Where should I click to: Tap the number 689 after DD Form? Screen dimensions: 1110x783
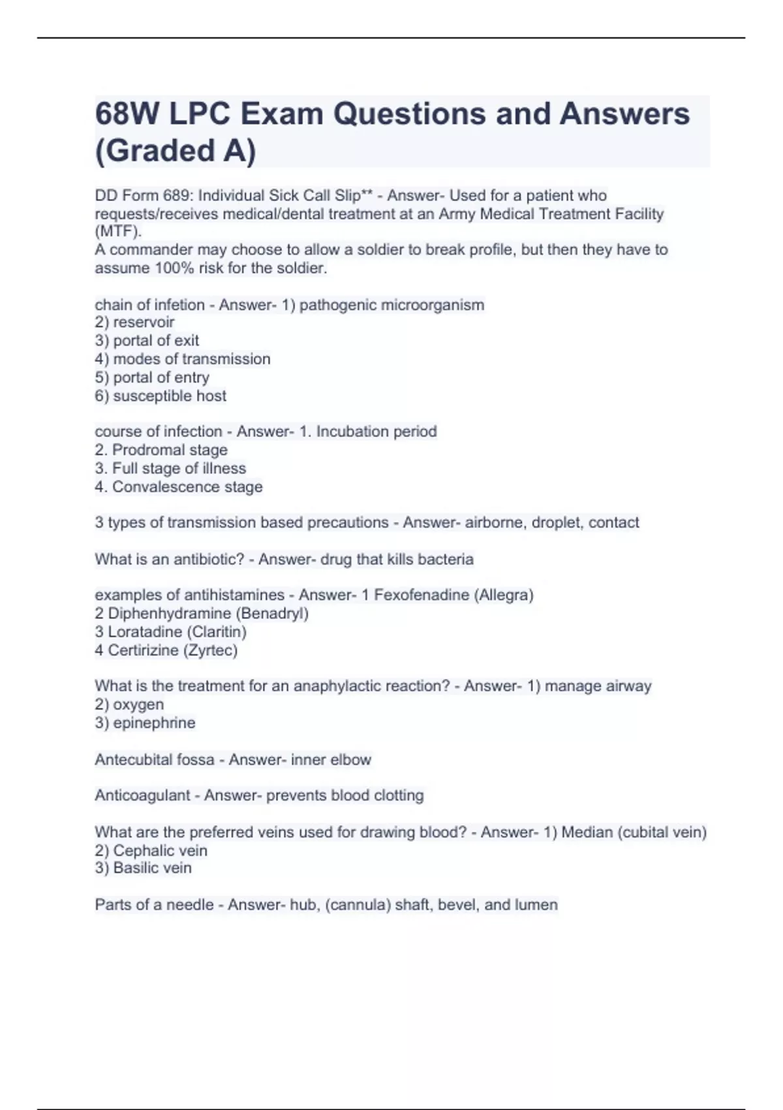(179, 195)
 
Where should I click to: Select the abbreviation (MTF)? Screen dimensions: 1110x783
(117, 231)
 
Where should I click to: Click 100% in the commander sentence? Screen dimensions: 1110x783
(175, 268)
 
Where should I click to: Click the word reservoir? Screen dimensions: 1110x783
(144, 322)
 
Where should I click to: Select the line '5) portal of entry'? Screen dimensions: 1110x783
(152, 377)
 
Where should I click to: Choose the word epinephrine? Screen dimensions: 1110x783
(154, 723)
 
